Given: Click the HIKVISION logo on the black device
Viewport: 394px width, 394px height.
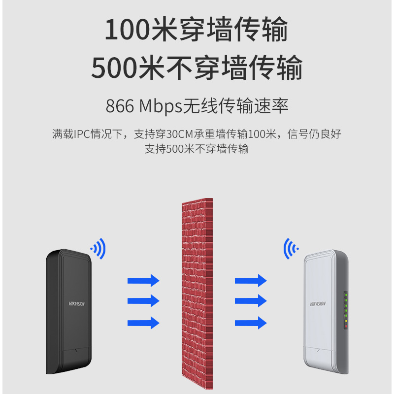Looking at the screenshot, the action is click(76, 304).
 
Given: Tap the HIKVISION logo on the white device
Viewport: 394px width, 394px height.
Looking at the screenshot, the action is click(318, 304).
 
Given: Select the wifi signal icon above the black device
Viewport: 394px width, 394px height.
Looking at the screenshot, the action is click(98, 249).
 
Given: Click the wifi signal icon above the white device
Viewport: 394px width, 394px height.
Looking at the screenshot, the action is click(291, 249).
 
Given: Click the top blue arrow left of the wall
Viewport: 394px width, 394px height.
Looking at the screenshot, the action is click(143, 280).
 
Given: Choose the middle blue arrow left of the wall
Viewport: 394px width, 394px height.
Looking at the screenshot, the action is click(143, 301).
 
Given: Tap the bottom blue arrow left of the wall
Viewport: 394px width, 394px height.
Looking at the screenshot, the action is click(143, 323).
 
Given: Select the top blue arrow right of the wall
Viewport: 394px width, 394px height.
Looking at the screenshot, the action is click(250, 280).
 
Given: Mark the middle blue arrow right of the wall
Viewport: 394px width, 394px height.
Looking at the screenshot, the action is click(250, 301).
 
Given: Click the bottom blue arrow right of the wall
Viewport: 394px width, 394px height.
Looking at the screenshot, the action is click(250, 323).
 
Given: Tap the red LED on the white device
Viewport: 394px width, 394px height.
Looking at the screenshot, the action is click(346, 327).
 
